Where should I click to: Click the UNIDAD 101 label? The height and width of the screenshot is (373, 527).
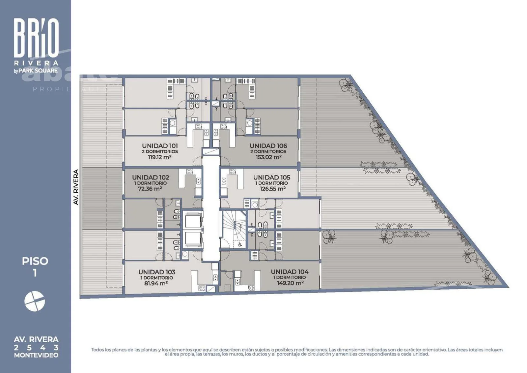click(x=160, y=146)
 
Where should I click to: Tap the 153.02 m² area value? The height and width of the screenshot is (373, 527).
click(x=268, y=157)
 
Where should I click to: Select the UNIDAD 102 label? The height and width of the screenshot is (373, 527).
click(x=151, y=177)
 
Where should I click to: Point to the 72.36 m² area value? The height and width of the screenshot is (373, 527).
click(x=150, y=189)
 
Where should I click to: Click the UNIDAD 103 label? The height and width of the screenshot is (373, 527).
click(x=157, y=272)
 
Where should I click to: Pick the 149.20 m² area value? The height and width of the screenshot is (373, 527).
click(x=290, y=283)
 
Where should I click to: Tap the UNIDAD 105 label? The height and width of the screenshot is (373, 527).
click(x=272, y=177)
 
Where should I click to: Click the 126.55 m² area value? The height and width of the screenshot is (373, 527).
click(x=273, y=189)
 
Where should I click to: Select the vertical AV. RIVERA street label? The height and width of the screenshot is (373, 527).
click(x=76, y=187)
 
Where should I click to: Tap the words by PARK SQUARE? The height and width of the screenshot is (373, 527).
click(x=36, y=71)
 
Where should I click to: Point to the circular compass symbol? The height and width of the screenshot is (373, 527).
click(x=35, y=301)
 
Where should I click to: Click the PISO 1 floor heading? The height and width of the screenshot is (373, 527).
click(x=35, y=267)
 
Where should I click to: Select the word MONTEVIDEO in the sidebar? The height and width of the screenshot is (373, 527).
click(x=36, y=355)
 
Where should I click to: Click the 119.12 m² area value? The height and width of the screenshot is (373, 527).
click(x=159, y=157)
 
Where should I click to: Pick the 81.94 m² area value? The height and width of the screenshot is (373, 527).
click(x=156, y=283)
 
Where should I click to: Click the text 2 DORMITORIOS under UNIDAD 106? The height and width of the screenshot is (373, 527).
click(x=268, y=151)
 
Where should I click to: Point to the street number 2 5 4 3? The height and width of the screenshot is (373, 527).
click(x=36, y=348)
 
